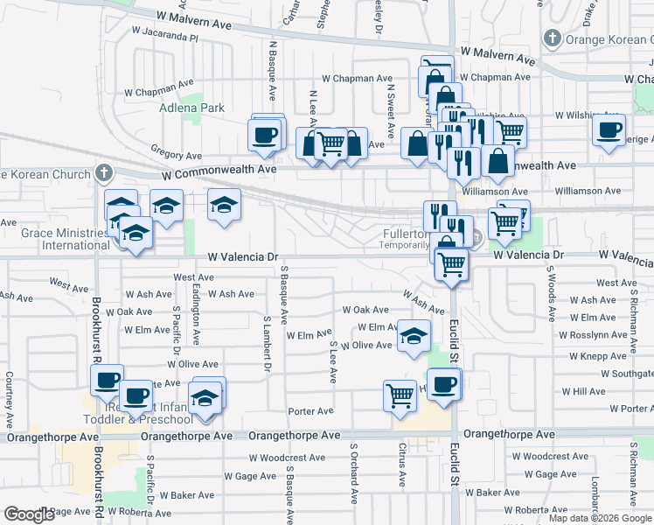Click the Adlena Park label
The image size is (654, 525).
pyautogui.click(x=191, y=108)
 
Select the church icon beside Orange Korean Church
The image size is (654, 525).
pyautogui.click(x=552, y=38)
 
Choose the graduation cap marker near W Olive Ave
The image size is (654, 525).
pyautogui.click(x=413, y=335)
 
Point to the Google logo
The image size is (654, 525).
pyautogui.click(x=29, y=514)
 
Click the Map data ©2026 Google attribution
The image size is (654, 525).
pyautogui.click(x=599, y=518)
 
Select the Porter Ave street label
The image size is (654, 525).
pyautogui.click(x=311, y=411)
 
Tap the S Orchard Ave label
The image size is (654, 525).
pyautogui.click(x=355, y=473)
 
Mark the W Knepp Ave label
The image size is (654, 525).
pyautogui.click(x=587, y=357)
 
